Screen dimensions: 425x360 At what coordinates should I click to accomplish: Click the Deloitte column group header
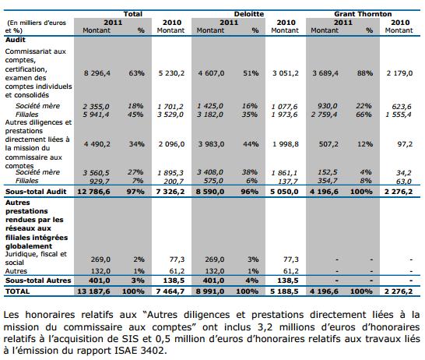pos(249,14)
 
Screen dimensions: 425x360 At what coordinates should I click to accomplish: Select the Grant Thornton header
pos(363,14)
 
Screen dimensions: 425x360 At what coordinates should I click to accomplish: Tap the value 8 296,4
pos(97,73)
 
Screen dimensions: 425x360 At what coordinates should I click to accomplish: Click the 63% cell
pos(137,73)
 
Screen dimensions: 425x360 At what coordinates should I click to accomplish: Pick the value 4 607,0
pos(211,73)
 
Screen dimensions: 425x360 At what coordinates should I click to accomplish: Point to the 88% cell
pos(365,73)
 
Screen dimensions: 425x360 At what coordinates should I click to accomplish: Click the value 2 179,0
pos(399,73)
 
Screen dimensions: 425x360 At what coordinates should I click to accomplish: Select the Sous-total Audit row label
pos(36,192)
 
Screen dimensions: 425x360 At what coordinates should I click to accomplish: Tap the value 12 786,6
pos(93,192)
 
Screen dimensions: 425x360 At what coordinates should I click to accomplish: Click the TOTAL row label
pos(17,291)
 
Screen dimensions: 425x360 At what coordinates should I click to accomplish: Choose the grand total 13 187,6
pos(93,291)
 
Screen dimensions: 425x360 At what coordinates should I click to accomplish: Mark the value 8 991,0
pos(210,291)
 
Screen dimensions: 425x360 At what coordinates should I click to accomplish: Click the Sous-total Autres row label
pos(38,281)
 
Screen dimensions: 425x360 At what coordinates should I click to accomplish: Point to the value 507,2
pos(328,144)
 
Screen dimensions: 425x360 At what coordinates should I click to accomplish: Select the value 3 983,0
pos(211,144)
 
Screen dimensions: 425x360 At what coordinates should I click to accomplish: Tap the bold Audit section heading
pos(16,40)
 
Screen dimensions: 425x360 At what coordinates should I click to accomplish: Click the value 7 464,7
pos(170,291)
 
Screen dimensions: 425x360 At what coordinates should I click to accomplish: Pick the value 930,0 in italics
pos(328,106)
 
